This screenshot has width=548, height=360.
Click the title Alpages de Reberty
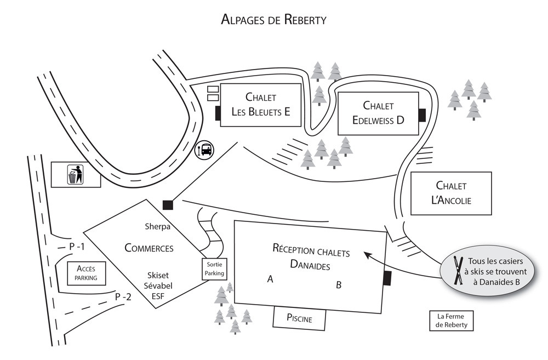273,20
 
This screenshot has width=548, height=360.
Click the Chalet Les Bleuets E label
260,105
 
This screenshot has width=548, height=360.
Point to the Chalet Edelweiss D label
378,112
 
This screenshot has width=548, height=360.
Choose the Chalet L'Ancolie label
451,193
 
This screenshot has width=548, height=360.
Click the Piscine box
299,318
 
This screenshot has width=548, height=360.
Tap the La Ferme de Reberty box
451,321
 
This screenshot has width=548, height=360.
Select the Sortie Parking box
214,268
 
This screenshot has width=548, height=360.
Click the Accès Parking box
87,272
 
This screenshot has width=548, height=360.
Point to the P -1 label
77,247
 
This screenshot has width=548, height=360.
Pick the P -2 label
123,296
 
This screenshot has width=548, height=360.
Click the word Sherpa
158,226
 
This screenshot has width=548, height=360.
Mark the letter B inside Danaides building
339,284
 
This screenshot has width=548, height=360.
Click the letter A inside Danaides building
270,279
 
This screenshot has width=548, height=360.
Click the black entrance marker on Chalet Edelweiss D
422,115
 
